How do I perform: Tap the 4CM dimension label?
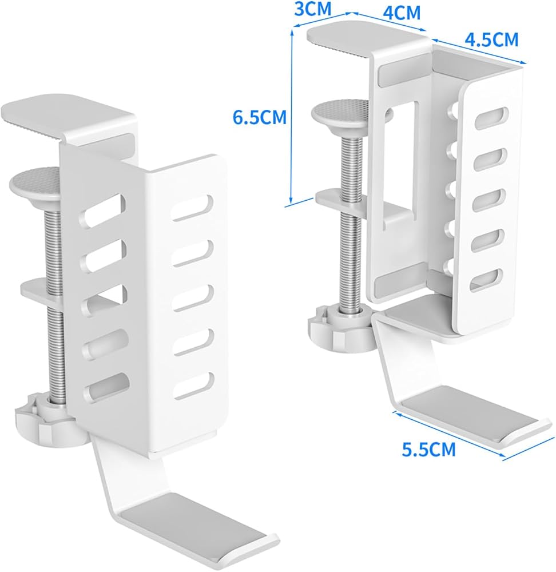(401, 13)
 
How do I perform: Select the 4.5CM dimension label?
(491, 40)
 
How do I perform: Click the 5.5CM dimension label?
(428, 449)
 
